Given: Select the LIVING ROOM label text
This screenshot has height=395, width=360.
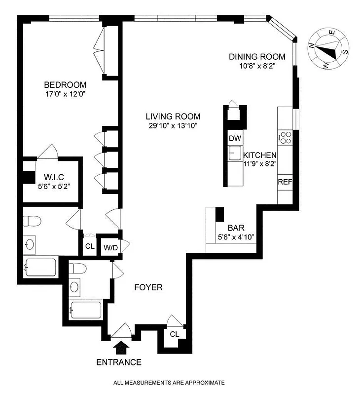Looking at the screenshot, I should click(x=173, y=117).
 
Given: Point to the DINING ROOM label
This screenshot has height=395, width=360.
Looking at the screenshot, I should click(x=257, y=57).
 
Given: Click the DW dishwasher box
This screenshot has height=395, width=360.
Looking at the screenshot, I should click(x=234, y=138).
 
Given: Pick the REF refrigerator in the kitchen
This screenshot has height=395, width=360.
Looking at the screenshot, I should click(x=285, y=182).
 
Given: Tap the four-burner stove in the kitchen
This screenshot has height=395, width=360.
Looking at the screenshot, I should click(x=285, y=138).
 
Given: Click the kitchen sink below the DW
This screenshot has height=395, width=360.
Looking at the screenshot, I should click(x=235, y=153).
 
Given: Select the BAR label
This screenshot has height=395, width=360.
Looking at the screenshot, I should click(x=235, y=228).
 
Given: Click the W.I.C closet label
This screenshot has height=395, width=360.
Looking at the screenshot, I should click(x=54, y=177).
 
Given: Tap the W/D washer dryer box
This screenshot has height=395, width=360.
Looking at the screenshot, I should click(x=110, y=247).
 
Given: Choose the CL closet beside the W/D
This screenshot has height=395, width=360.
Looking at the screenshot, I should click(x=89, y=246).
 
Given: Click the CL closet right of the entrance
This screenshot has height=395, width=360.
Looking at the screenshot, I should click(x=174, y=334).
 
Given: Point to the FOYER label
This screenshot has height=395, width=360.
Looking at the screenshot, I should click(x=148, y=287).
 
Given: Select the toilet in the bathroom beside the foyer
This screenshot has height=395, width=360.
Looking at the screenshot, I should click(x=78, y=269).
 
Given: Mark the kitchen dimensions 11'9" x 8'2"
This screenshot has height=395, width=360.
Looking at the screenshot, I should click(x=259, y=164).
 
